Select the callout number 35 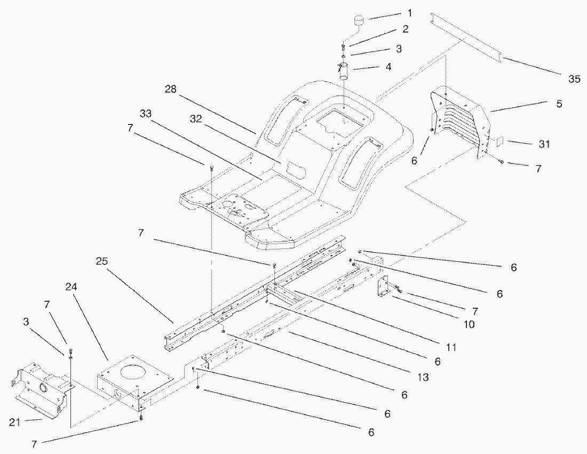click(573, 79)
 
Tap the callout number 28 click(171, 89)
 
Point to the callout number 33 click(145, 114)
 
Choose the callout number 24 click(71, 287)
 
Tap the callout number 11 click(451, 347)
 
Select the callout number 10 click(469, 324)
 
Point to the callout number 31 click(544, 144)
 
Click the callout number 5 click(559, 104)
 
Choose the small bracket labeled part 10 click(383, 287)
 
